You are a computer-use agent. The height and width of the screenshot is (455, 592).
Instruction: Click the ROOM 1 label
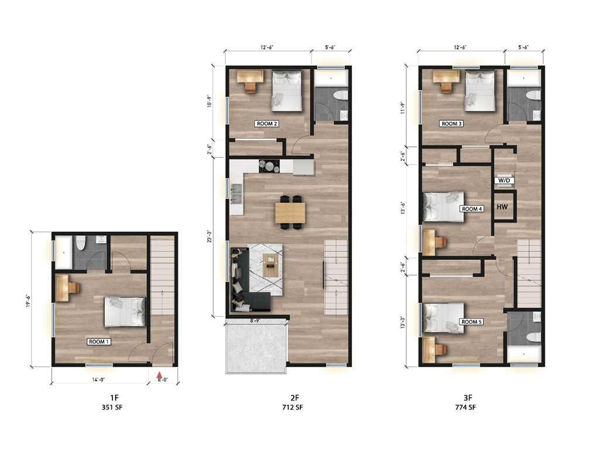point(100,341)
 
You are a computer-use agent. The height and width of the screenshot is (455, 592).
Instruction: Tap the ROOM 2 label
point(266,124)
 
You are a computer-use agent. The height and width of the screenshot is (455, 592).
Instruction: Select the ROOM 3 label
point(452,124)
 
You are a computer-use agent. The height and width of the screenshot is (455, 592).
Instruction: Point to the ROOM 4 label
point(471,208)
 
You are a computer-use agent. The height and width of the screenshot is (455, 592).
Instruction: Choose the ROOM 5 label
point(471,321)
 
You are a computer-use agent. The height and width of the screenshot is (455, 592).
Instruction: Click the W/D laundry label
point(504,180)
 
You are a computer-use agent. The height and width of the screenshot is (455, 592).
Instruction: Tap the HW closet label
point(502,207)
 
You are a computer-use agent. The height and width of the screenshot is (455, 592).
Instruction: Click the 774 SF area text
point(467,407)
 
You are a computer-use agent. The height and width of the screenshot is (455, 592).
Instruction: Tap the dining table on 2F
point(290,212)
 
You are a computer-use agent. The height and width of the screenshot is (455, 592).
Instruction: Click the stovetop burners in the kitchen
point(269,166)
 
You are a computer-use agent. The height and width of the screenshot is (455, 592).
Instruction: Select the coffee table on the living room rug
point(271,266)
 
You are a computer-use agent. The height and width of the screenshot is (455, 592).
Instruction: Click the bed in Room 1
point(125,311)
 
